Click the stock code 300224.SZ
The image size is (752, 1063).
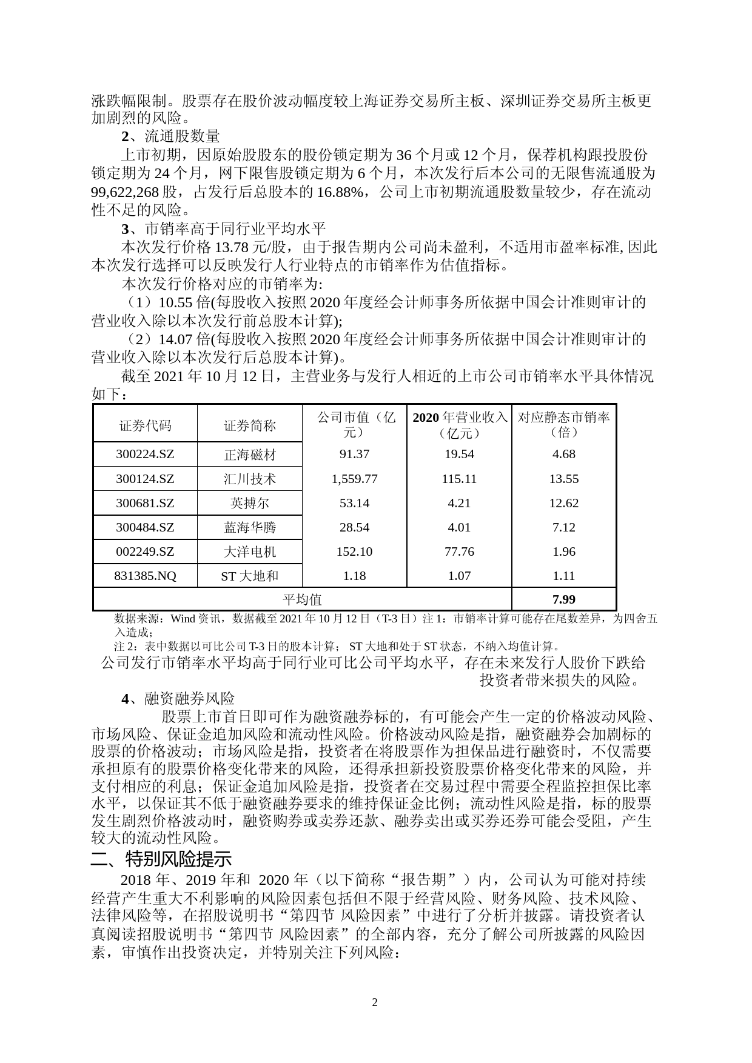145,454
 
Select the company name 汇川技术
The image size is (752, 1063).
249,479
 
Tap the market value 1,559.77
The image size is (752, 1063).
354,479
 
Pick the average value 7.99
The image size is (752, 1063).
563,599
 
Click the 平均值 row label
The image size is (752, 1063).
303,599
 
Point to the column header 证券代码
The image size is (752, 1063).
145,425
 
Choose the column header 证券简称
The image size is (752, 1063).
249,425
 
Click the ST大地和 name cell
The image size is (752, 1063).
249,576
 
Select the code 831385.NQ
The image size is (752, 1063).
145,576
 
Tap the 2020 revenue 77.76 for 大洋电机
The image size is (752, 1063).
459,551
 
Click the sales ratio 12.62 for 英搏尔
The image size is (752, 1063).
563,503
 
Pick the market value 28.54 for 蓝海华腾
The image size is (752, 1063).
354,527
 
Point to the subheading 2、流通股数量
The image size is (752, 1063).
170,136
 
